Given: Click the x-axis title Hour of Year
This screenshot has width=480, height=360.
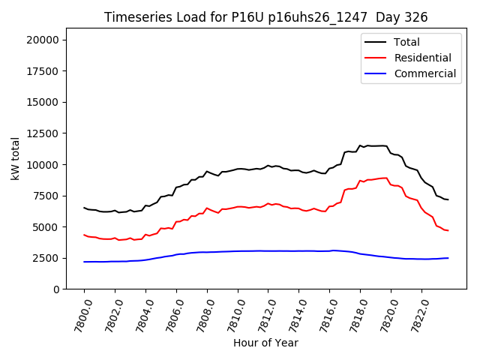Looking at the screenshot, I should click(265, 343).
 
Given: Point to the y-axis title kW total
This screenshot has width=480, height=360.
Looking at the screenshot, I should click(16, 159).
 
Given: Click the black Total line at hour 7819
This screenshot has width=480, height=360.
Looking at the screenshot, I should click(375, 145).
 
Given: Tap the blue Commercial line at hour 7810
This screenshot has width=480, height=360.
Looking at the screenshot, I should click(238, 251).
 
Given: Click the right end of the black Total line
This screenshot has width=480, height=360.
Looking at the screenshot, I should click(448, 199).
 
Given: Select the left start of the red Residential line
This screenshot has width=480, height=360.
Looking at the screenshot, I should click(84, 235).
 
